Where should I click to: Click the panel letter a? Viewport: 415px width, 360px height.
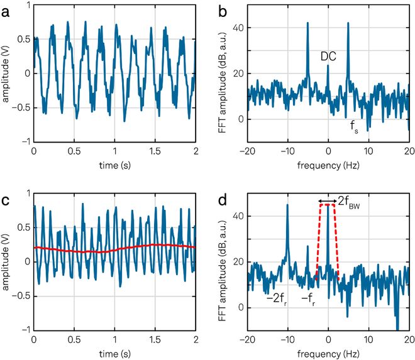point(6,8)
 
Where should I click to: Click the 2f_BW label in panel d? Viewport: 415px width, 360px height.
point(350,202)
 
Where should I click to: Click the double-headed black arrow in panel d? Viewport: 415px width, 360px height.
point(328,202)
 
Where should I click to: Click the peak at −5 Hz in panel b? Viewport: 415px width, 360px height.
point(307,24)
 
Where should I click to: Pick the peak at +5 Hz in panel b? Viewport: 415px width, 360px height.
point(348,24)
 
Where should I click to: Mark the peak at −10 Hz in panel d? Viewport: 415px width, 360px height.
point(287,205)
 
